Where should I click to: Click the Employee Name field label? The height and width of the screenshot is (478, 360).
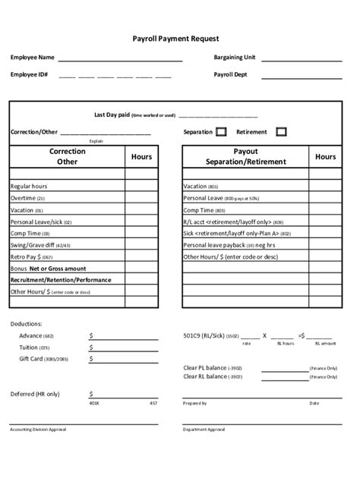pos(32,58)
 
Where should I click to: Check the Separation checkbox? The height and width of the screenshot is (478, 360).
pos(222,131)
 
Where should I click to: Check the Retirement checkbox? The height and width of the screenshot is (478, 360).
pos(281,131)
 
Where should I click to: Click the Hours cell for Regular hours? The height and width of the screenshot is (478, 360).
pos(141,186)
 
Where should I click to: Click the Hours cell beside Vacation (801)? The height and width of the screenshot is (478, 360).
pos(324,186)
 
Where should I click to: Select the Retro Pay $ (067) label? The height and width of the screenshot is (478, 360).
pos(31,256)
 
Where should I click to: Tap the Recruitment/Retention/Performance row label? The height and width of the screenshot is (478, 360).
pos(60,280)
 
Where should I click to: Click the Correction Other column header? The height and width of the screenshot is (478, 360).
pos(67,156)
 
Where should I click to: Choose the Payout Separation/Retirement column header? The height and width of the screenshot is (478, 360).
pos(245,156)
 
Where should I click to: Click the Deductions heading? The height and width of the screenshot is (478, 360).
pos(27,323)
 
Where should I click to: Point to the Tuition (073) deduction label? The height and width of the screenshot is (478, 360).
pos(34,347)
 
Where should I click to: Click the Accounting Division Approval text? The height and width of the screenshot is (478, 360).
pos(38,429)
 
